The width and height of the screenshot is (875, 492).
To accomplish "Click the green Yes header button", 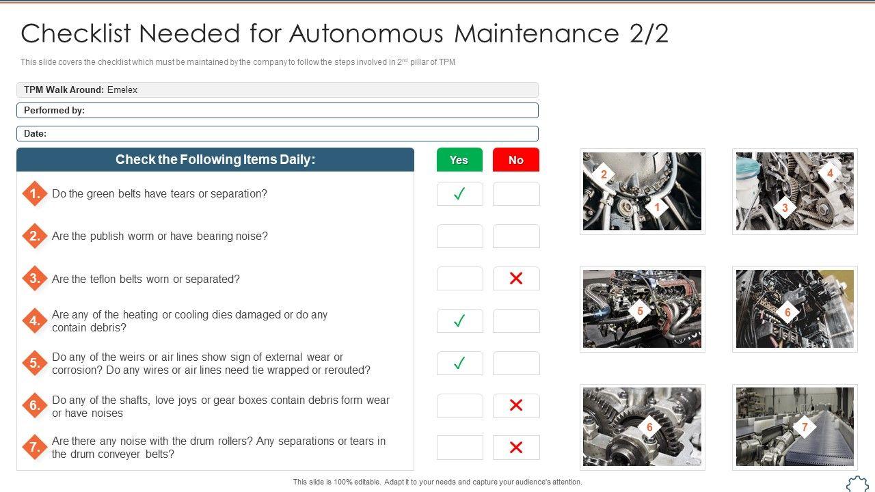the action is click(459, 160).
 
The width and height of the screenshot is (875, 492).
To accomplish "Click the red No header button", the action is click(516, 160).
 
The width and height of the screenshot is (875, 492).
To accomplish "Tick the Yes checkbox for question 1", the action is click(460, 193).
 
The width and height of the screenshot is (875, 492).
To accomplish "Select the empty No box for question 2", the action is click(516, 236).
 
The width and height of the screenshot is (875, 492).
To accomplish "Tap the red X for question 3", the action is click(516, 278).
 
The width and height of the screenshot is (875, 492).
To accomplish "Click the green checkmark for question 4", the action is click(459, 320).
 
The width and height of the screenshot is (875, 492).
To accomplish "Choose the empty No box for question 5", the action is click(516, 363).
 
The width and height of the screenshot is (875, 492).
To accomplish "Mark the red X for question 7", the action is click(516, 448).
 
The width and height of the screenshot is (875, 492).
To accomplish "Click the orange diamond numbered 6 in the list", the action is click(35, 405).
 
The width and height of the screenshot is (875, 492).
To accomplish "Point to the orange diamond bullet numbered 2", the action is click(35, 236).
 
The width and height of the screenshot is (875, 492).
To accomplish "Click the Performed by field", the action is click(278, 111).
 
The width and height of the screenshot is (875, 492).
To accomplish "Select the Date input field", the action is click(278, 133).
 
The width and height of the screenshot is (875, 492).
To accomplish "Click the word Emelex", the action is click(122, 90).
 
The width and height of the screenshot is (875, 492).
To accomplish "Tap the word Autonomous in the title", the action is click(366, 33).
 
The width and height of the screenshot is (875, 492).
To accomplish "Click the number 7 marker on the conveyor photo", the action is click(805, 427).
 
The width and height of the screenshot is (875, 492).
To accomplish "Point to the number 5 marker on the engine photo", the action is click(640, 311).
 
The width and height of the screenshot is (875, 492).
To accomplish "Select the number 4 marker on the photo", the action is click(830, 173).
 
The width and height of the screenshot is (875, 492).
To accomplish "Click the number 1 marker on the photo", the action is click(657, 207).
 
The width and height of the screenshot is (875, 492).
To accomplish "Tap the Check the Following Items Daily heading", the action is click(215, 159).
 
